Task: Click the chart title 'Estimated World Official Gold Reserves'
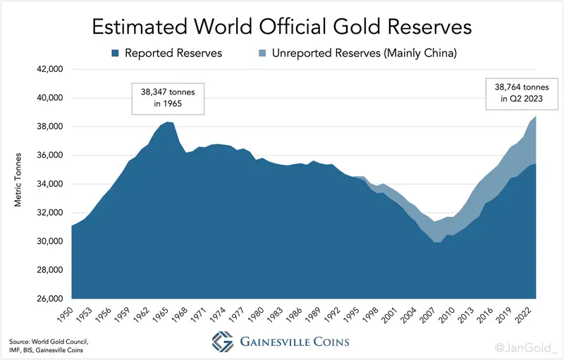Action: tap(282, 27)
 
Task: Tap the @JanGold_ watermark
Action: tap(526, 348)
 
